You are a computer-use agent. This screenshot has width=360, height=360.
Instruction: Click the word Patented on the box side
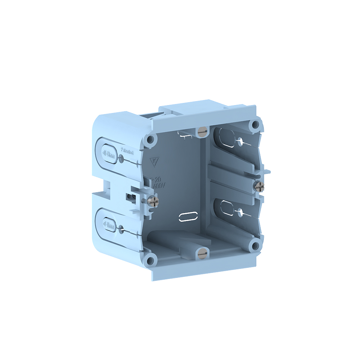click(x=127, y=153)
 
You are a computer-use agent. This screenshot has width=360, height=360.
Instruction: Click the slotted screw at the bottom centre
click(x=202, y=254)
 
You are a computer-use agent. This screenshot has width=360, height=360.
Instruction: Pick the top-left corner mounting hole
click(x=151, y=139)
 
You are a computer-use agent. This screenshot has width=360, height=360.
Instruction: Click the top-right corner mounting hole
click(x=256, y=125)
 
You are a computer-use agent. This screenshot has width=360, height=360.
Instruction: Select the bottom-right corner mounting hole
click(x=255, y=246)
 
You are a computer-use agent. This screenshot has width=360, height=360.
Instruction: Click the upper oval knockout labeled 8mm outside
click(x=108, y=157)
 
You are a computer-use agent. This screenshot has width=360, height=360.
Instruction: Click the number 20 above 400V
click(x=157, y=179)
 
